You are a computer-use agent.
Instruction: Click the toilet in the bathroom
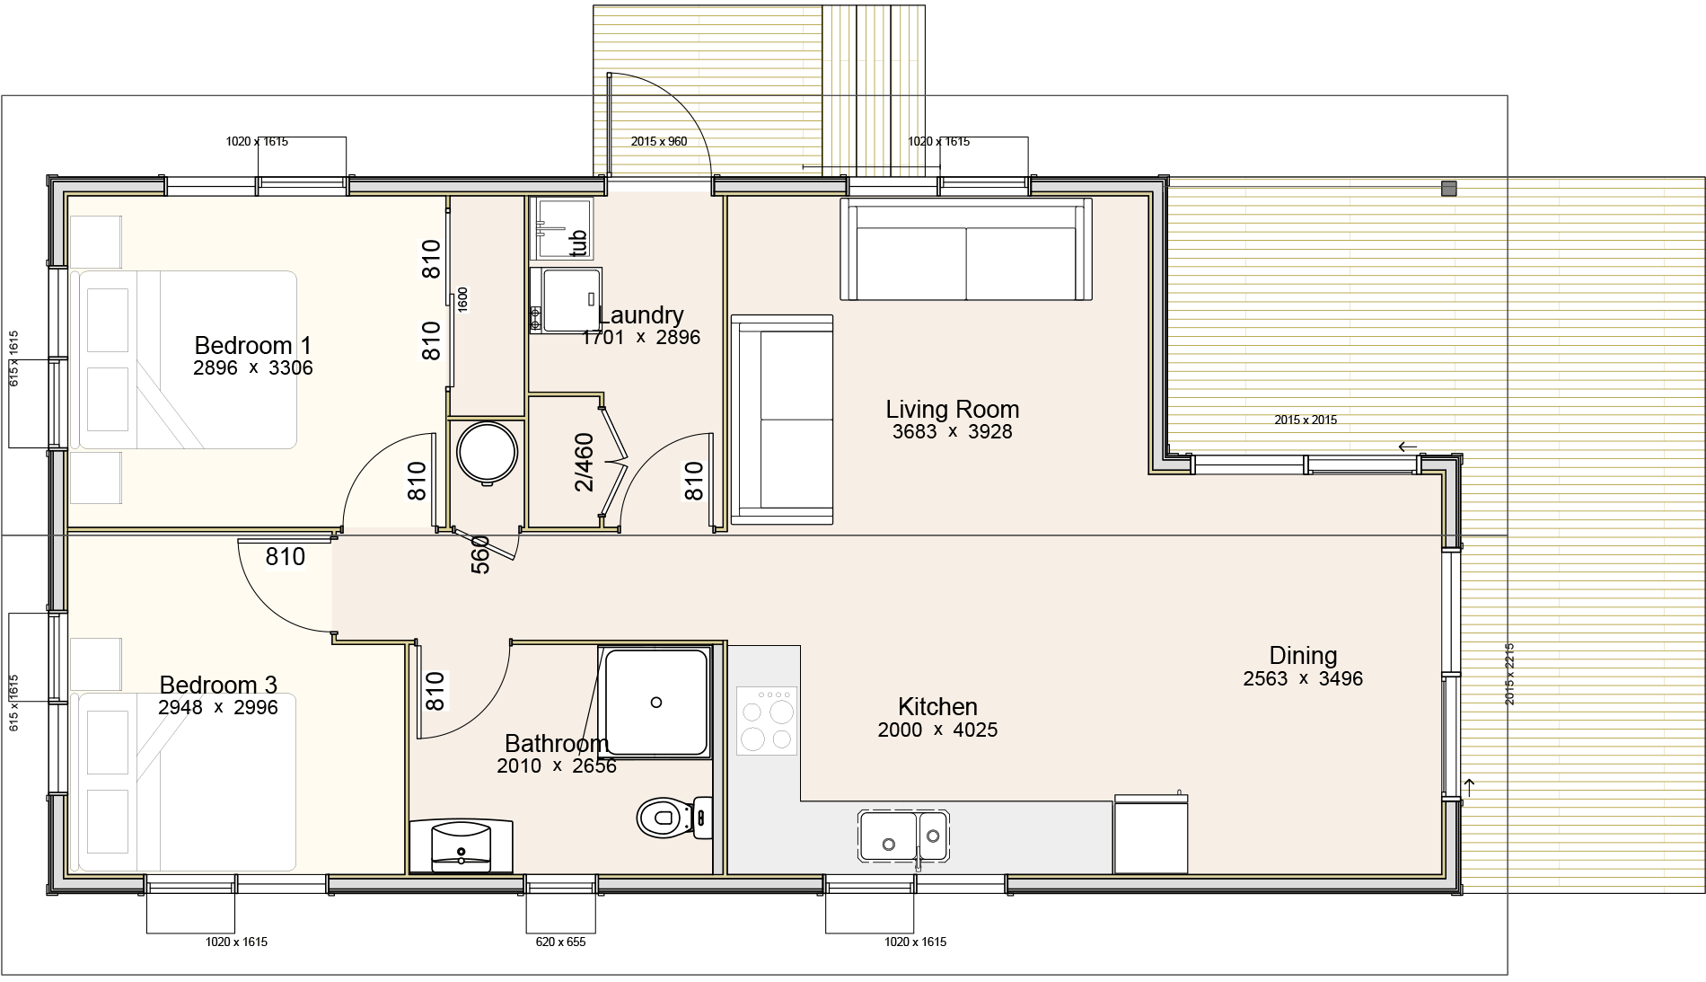[674, 818]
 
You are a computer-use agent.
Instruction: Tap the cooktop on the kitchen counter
[767, 720]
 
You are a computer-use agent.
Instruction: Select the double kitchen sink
[903, 836]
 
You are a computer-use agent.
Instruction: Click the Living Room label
[952, 409]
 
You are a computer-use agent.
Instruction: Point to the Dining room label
[1303, 656]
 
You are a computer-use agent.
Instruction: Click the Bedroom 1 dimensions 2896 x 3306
[253, 367]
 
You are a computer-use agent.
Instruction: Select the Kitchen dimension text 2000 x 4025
[937, 730]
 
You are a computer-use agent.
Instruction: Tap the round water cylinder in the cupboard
[487, 454]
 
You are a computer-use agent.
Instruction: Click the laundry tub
[561, 228]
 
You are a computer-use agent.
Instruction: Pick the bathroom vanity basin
[461, 845]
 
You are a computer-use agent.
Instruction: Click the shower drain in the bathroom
[656, 703]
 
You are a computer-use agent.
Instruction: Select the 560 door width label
[480, 554]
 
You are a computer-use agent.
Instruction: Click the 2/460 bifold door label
[584, 462]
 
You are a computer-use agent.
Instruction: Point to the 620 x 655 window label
[561, 942]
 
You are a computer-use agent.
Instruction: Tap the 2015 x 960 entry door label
[659, 141]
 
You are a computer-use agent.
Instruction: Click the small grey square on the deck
[1448, 188]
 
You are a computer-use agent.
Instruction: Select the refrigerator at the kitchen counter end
[1151, 834]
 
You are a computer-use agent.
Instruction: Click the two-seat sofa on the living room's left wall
[782, 419]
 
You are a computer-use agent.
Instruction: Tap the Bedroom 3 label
[218, 685]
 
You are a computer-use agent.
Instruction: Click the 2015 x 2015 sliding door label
[1306, 420]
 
